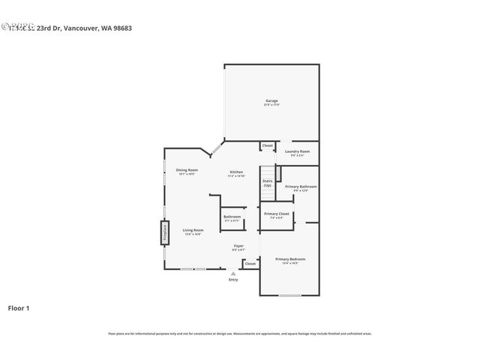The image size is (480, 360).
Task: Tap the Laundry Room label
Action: coord(298,152)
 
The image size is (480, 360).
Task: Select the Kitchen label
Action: coord(236,173)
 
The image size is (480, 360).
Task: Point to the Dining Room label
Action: coord(187,171)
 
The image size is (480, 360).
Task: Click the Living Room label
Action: coord(193,231)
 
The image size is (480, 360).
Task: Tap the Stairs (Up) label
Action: coord(267,182)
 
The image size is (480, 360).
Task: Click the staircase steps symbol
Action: coord(268,192)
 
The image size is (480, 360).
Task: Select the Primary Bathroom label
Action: coord(300,187)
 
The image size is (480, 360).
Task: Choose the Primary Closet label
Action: coord(275,216)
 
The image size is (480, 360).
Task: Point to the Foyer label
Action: coord(238,247)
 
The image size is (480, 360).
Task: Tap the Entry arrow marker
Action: coord(233,274)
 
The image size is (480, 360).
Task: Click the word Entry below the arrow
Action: coord(233,280)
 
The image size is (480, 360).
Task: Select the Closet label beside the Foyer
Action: coord(250,263)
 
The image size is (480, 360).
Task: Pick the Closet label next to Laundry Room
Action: coord(267,145)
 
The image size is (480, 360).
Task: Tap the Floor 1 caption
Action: coord(19,307)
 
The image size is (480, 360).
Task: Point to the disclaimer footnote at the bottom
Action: coord(239,334)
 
